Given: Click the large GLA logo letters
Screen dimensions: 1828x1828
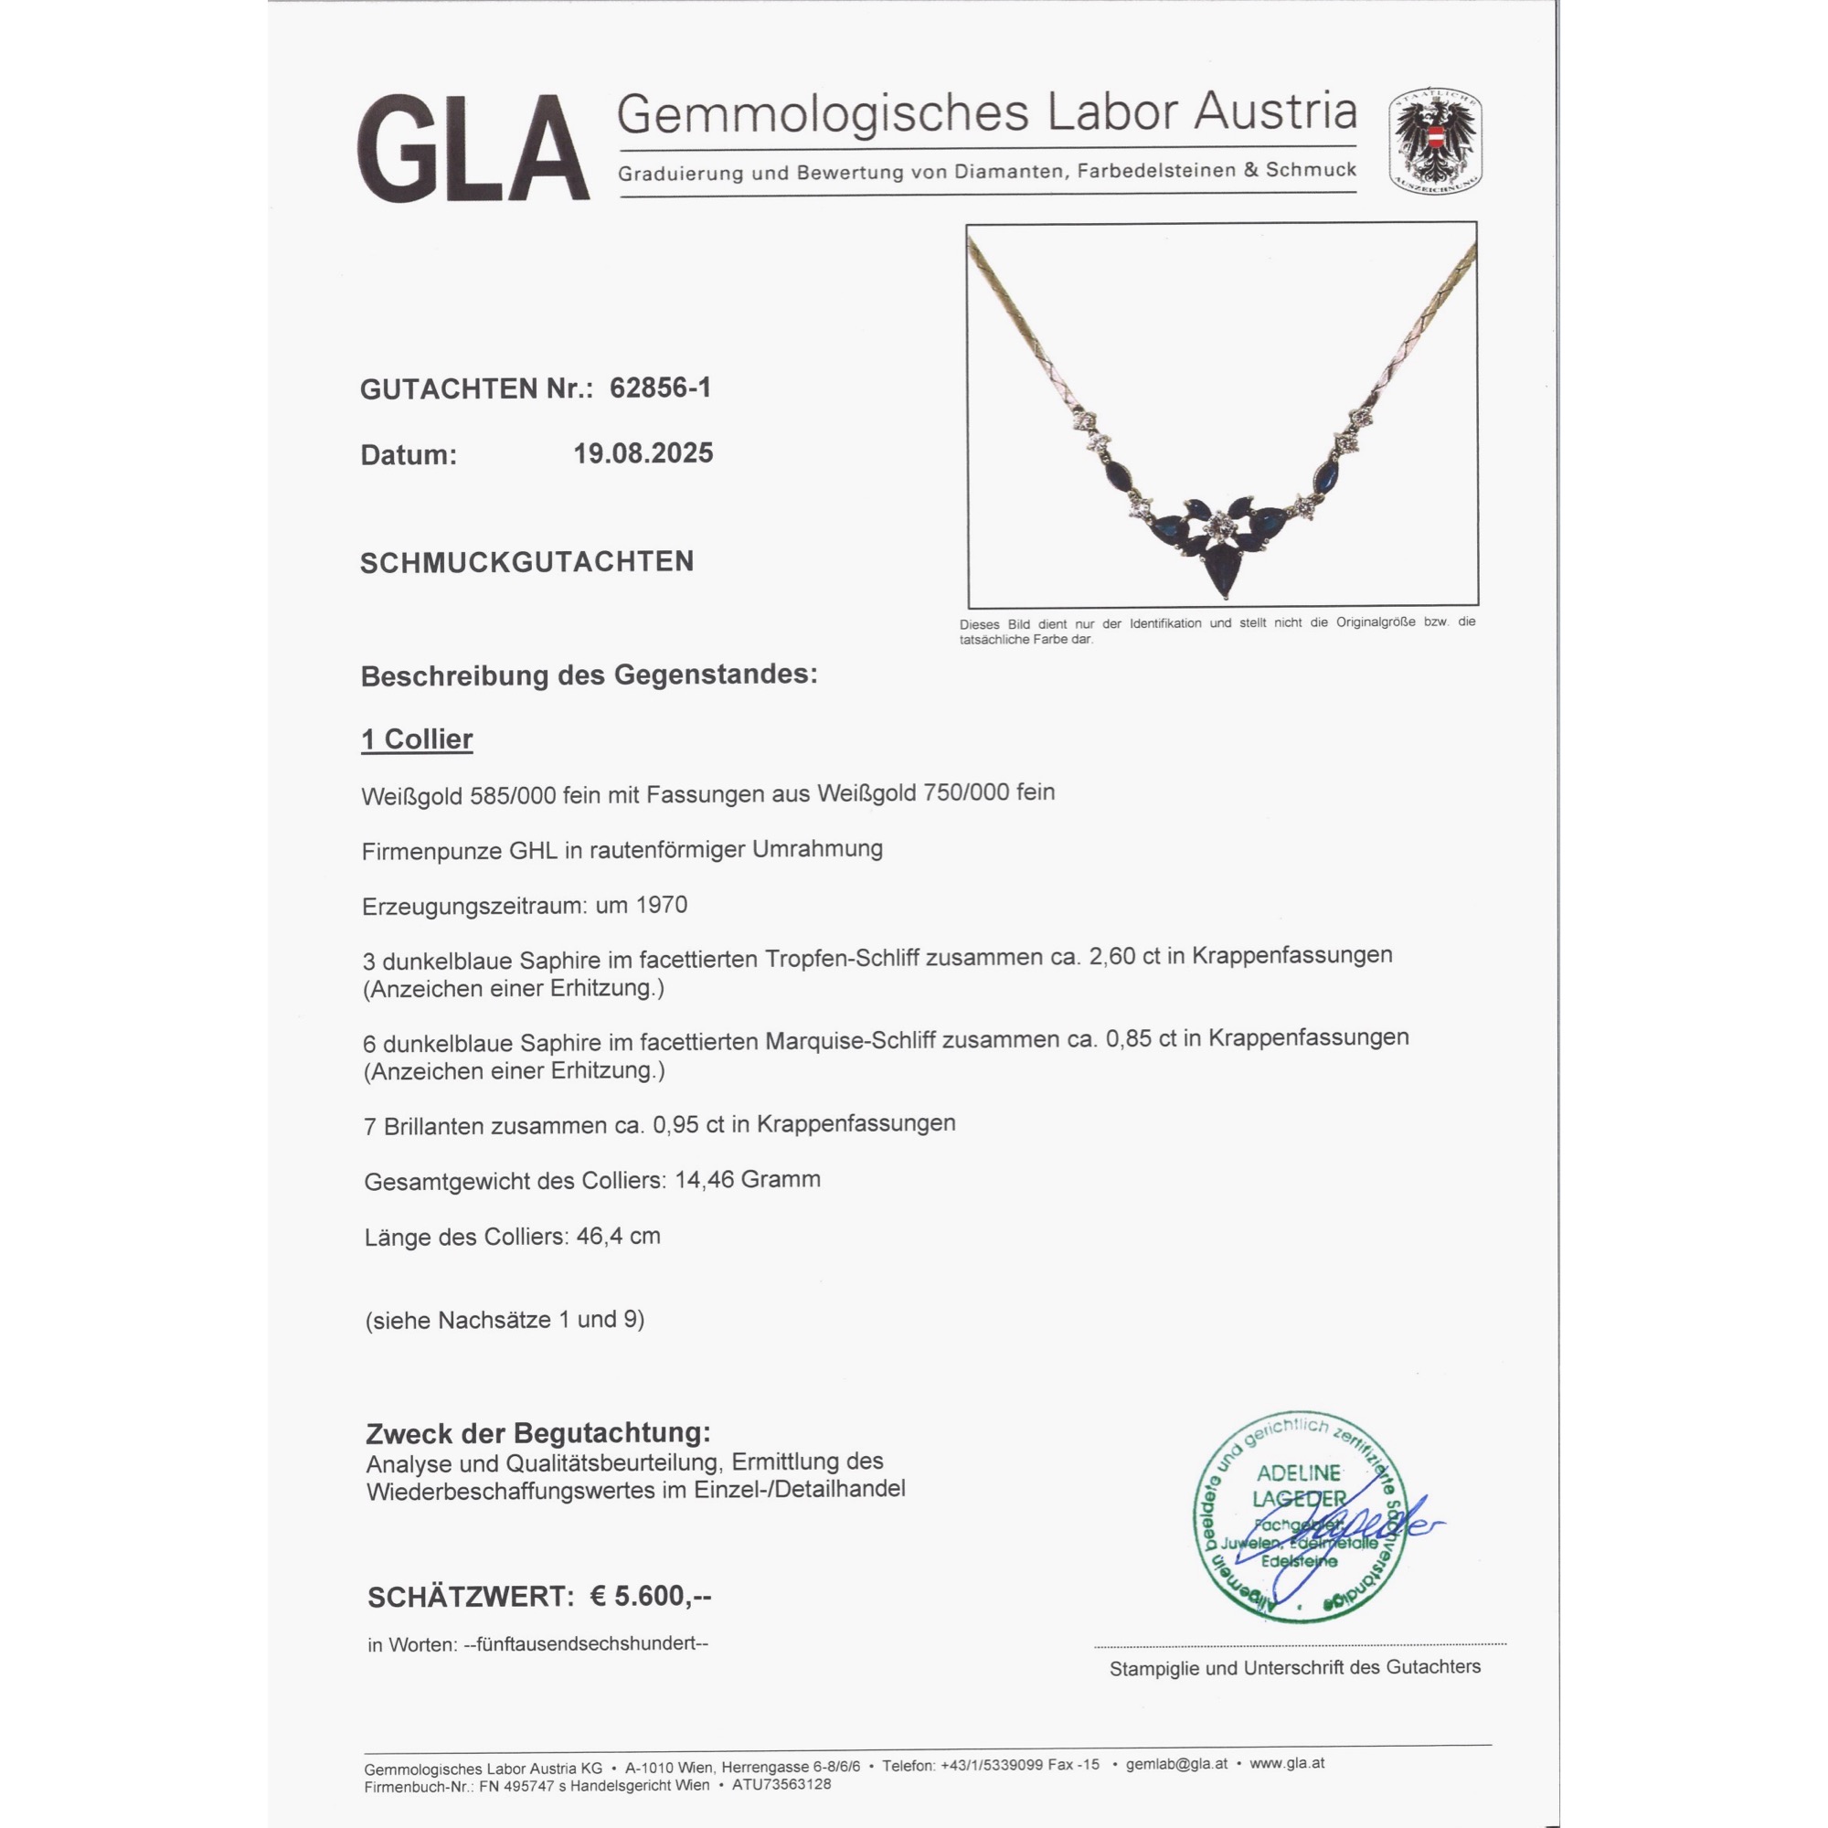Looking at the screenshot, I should click(x=473, y=149).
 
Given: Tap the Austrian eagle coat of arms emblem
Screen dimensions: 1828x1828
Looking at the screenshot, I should click(x=1434, y=142).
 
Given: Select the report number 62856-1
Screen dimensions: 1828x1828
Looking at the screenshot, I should click(x=661, y=388).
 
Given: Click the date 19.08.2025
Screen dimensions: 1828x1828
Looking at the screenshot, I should click(x=643, y=453).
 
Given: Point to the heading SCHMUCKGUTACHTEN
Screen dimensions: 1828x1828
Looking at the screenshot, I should click(x=527, y=562).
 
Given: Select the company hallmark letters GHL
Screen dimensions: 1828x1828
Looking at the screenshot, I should click(x=533, y=850).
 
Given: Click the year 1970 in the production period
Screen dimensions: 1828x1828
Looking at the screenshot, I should click(x=662, y=906).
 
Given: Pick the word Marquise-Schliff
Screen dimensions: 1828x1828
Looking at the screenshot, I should click(x=850, y=1042).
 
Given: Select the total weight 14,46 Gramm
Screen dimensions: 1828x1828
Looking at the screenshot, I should click(x=748, y=1180).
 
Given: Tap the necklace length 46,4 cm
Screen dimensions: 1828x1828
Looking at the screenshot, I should click(x=618, y=1237).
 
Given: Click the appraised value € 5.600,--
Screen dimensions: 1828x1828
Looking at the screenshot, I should click(x=651, y=1597).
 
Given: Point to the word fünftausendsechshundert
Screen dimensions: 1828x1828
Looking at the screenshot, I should click(x=586, y=1644).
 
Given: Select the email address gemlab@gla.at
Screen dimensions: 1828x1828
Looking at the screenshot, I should click(x=1176, y=1764).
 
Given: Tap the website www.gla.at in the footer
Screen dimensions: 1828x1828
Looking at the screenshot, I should click(x=1287, y=1763).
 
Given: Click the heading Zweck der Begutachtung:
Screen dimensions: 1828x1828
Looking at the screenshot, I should click(x=538, y=1432).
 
